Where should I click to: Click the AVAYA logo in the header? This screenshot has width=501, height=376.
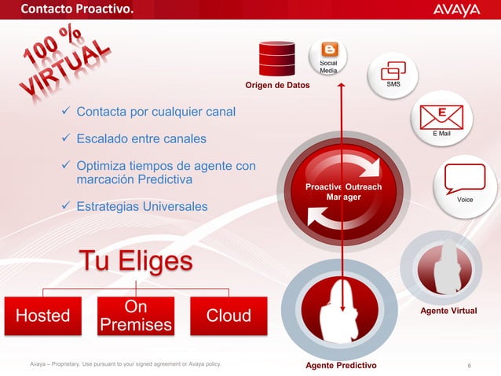(x=456, y=10)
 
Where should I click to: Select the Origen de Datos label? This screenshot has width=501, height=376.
(x=277, y=85)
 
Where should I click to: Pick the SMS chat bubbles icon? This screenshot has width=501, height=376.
(x=394, y=69)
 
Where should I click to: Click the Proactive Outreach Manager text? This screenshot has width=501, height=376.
(x=342, y=192)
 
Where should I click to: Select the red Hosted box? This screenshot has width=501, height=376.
(x=43, y=315)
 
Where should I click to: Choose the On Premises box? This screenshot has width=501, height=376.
(x=136, y=315)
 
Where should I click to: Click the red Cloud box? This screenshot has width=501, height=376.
(x=229, y=315)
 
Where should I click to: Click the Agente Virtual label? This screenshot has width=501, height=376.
(x=448, y=311)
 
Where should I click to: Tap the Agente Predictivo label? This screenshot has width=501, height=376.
(x=340, y=366)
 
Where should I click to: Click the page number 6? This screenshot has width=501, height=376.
(x=469, y=365)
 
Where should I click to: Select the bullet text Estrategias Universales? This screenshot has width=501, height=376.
(x=142, y=207)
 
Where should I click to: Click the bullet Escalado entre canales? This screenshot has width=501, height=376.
(x=141, y=139)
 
